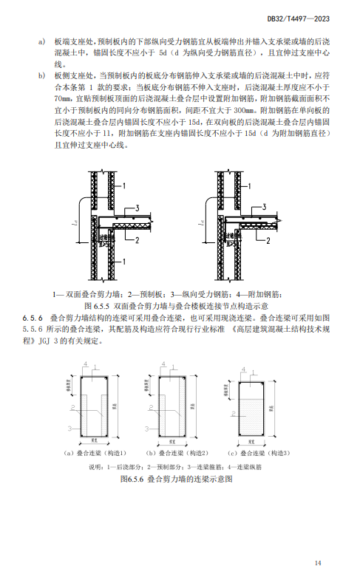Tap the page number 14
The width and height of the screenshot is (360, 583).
point(318,563)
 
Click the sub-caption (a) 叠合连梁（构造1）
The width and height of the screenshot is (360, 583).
point(96,453)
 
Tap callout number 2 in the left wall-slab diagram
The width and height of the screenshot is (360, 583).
point(136,239)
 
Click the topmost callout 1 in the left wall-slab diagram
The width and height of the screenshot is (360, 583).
point(126,184)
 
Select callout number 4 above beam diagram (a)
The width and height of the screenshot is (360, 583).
point(86,365)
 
